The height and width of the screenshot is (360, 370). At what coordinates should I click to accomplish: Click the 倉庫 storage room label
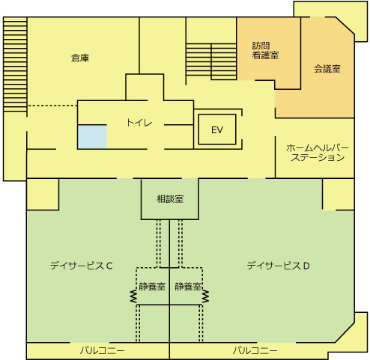[x=80, y=58]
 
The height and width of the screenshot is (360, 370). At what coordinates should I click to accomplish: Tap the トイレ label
[x=139, y=123]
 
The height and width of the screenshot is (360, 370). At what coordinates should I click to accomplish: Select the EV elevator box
[x=217, y=129]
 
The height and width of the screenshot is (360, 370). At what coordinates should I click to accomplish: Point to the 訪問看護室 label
[x=265, y=51]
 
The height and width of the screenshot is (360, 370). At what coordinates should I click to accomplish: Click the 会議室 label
[x=327, y=69]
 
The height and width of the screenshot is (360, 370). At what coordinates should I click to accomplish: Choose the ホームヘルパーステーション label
[x=318, y=153]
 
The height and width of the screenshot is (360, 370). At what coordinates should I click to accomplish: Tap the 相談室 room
[x=170, y=199]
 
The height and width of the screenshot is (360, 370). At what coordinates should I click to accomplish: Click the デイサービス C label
[x=82, y=266]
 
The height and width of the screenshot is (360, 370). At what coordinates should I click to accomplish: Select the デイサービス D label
[x=279, y=266]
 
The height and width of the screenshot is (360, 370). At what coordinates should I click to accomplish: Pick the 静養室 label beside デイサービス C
[x=152, y=287]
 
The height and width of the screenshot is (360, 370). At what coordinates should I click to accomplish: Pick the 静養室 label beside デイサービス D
[x=188, y=287]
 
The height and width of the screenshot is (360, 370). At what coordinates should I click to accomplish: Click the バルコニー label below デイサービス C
[x=102, y=351]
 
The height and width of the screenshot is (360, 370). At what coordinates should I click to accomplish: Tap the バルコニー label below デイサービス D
[x=255, y=351]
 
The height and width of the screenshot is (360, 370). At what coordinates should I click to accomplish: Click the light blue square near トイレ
[x=92, y=137]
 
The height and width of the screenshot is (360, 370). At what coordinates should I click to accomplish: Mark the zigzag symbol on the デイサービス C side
[x=134, y=296]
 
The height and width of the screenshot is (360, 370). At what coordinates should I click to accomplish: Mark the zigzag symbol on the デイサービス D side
[x=205, y=296]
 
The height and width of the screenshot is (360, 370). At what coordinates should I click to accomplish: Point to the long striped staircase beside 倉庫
[x=15, y=64]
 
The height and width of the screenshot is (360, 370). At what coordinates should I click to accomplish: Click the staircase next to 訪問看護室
[x=211, y=61]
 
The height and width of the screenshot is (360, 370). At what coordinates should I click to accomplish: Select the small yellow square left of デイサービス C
[x=43, y=195]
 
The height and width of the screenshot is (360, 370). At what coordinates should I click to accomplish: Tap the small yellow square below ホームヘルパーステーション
[x=339, y=195]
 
